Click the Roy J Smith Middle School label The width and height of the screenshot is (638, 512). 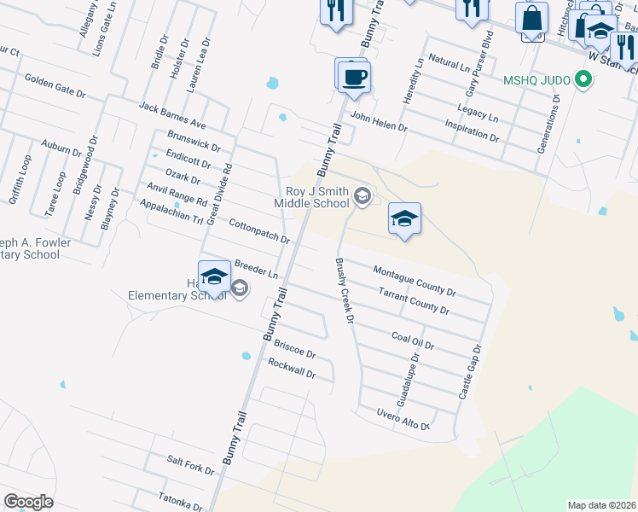click(x=312, y=197)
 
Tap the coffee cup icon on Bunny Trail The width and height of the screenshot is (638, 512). click(x=351, y=76)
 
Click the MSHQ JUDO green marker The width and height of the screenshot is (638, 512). click(x=583, y=81)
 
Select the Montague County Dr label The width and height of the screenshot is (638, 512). click(x=415, y=281)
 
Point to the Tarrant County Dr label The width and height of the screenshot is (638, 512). click(x=414, y=300)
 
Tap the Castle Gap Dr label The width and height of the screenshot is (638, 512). click(x=470, y=373)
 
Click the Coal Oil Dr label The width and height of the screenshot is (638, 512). click(x=413, y=341)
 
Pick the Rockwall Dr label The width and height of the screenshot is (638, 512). click(x=292, y=369)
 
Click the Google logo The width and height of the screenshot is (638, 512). click(x=28, y=502)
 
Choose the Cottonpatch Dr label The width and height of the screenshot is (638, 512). click(x=260, y=230)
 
